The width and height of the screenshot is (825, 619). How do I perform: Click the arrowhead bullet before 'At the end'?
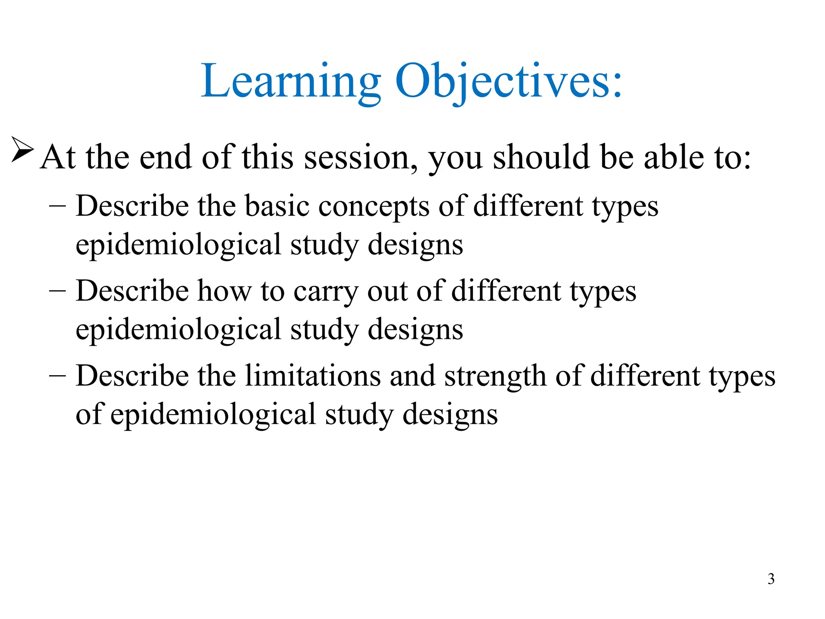tap(22, 150)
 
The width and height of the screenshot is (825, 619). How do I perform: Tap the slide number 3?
tap(771, 579)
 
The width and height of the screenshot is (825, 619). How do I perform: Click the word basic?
tap(277, 206)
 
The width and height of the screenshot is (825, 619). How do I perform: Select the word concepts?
tap(374, 206)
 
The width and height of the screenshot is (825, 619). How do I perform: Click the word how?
tap(224, 291)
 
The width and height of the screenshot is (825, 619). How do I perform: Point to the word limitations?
tap(313, 376)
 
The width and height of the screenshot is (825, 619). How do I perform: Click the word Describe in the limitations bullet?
tap(132, 376)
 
